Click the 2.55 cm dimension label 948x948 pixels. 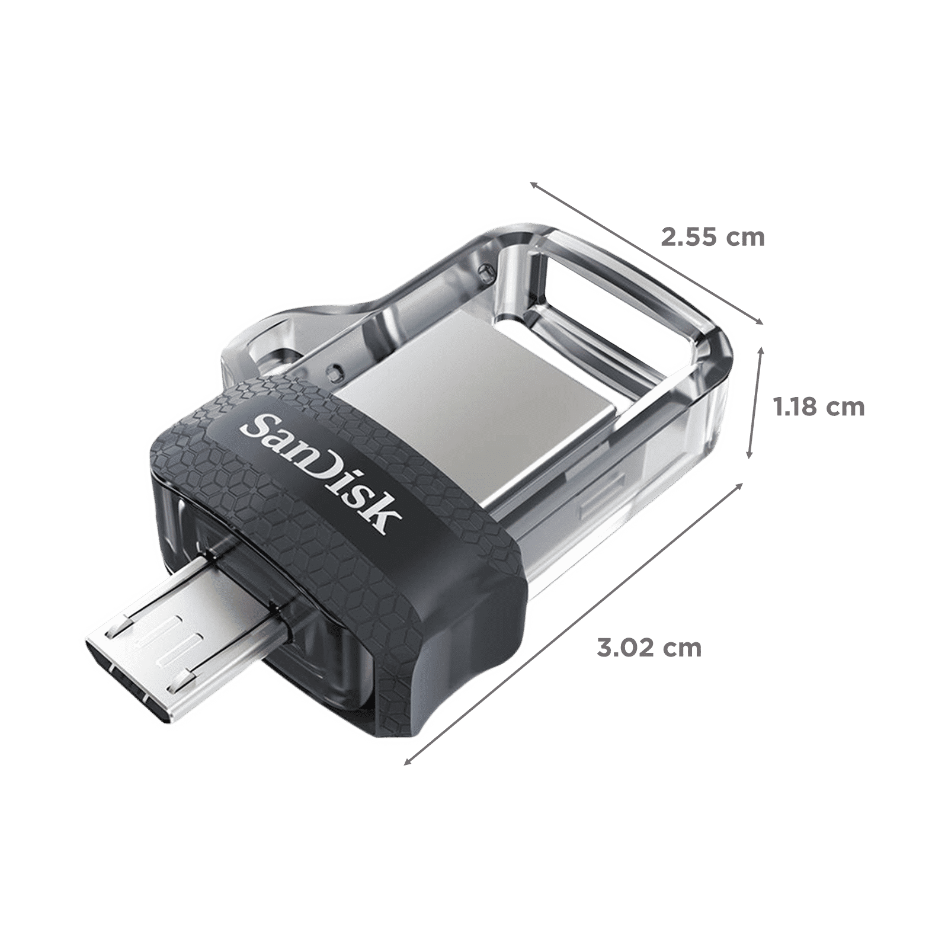click(x=713, y=238)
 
